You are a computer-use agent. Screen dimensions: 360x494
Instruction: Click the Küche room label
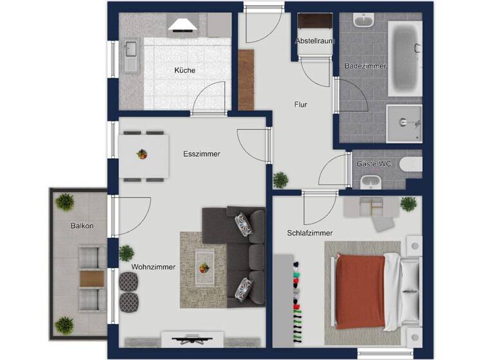coord(184,71)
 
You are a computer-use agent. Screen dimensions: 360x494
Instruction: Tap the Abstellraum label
coord(315,41)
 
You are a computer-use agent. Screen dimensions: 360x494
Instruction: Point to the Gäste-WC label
coord(374,164)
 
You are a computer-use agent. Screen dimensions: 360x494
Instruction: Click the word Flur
coord(300,104)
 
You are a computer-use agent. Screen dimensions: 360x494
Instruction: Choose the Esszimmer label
coord(201,154)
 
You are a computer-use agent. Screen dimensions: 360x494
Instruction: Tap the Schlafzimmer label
coord(310,233)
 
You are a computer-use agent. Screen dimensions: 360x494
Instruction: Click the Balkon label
coord(82,226)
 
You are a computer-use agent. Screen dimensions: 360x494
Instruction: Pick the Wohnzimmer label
coord(153,267)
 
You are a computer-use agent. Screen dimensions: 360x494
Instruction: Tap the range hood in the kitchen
coord(182,25)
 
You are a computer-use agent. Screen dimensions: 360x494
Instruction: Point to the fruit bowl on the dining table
coord(142,154)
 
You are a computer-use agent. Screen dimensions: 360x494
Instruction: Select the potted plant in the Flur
coord(280,180)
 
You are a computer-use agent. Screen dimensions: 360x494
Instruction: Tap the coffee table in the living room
coord(205,265)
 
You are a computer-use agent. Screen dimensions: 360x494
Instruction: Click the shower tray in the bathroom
coord(403,122)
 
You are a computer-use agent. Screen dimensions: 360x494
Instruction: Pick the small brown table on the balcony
coord(91,278)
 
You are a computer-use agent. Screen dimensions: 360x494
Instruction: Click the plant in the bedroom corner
coord(408,204)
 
